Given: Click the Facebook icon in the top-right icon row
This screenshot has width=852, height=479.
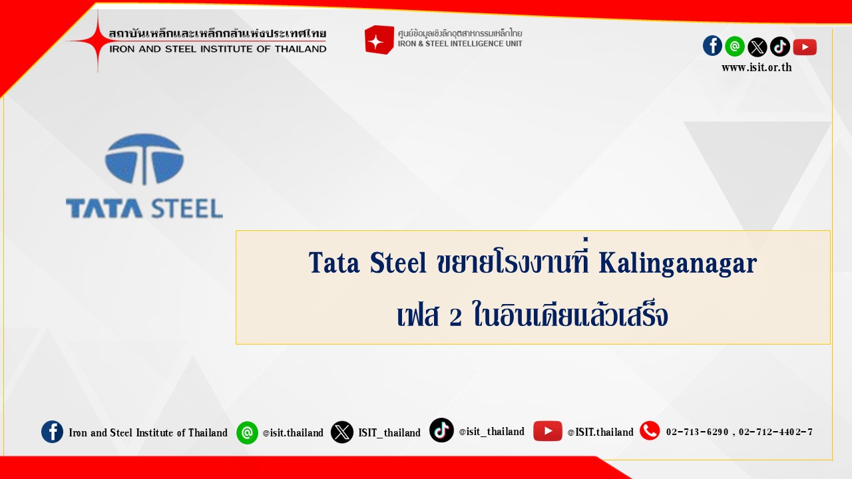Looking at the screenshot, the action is click(x=712, y=46).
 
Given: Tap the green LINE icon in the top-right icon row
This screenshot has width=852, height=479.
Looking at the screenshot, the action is click(x=734, y=47).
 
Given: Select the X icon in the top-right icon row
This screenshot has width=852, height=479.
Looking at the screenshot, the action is click(x=757, y=47).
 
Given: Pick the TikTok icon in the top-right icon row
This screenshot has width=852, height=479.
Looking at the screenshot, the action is click(x=779, y=47).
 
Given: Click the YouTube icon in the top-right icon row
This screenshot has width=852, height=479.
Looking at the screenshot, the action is click(x=805, y=47).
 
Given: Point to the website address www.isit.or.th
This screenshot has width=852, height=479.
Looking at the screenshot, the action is click(x=757, y=68).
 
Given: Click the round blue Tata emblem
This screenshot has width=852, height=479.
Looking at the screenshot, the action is click(x=144, y=159).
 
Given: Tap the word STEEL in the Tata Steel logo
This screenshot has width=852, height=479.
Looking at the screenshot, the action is click(x=187, y=208).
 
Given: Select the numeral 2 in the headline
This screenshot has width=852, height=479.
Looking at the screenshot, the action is click(x=456, y=317).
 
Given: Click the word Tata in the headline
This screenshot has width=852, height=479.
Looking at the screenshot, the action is click(x=334, y=263).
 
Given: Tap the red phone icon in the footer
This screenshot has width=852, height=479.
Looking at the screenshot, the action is click(x=650, y=430).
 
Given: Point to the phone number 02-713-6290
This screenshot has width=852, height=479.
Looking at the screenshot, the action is click(x=697, y=432).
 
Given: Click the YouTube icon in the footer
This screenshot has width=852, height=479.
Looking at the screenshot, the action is click(x=547, y=431).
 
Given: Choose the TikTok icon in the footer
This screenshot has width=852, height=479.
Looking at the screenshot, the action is click(x=441, y=430).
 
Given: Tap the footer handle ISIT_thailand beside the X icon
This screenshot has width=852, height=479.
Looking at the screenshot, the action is click(x=389, y=432).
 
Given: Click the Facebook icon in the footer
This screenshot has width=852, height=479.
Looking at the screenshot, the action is click(x=52, y=432).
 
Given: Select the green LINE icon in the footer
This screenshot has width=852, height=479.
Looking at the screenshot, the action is click(x=247, y=432).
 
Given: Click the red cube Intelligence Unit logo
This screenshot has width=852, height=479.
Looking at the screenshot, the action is click(x=379, y=40).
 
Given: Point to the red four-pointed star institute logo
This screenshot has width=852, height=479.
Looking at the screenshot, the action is click(x=98, y=41).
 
